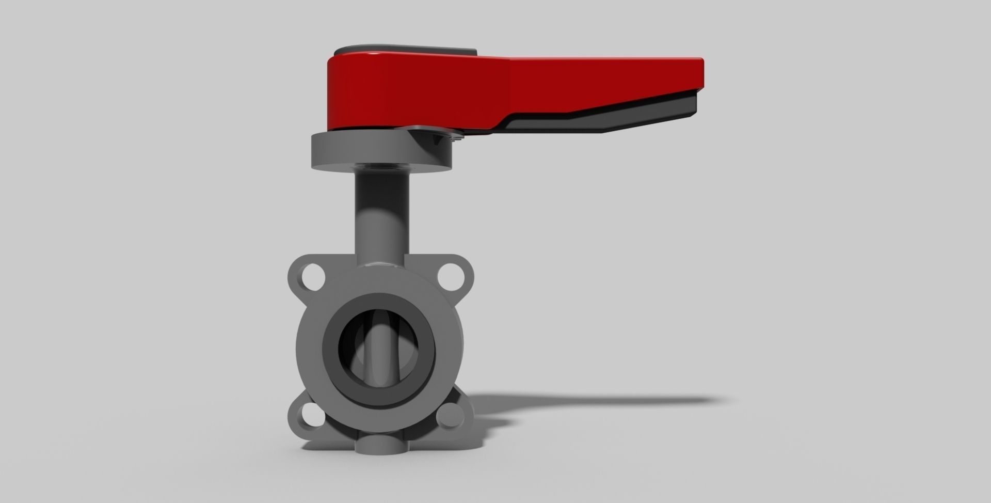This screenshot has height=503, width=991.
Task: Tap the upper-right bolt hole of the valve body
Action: pyautogui.click(x=451, y=275)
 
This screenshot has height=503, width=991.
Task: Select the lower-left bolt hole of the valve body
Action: pyautogui.click(x=312, y=414)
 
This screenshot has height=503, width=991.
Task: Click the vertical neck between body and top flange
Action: pyautogui.click(x=381, y=217)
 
